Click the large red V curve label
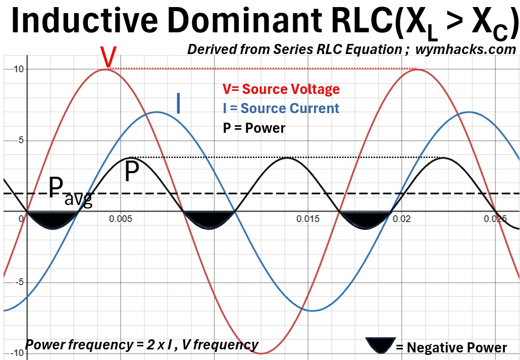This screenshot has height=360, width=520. coord(108,57)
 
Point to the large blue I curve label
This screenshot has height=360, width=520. coord(179,104)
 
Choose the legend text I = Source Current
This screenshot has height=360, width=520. coord(281,109)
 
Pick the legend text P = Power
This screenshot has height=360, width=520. coord(253,128)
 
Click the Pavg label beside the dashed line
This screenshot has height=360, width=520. coord(70,191)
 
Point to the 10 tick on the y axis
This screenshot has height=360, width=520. coord(12,69)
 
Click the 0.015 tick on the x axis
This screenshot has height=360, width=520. coord(308,219)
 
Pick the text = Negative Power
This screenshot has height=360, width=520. coord(451,347)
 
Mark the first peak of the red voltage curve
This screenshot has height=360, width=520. coord(105,69)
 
